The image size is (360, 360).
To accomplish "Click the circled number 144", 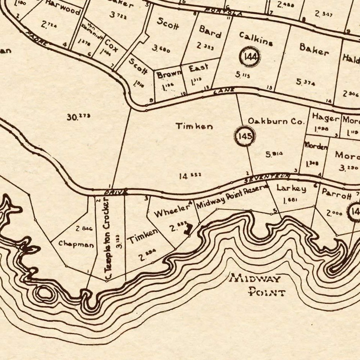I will click(x=250, y=57).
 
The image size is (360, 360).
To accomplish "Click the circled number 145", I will click(x=244, y=136).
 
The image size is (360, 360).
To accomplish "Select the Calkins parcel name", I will click(x=256, y=39).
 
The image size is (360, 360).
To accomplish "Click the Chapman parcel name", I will click(x=76, y=244).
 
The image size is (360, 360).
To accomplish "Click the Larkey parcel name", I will click(x=291, y=188).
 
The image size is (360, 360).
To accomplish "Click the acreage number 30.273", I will click(x=78, y=117).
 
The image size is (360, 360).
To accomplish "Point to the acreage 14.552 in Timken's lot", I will click(x=190, y=175).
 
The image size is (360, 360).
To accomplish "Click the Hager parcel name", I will click(x=325, y=118).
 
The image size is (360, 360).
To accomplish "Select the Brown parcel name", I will click(x=169, y=74).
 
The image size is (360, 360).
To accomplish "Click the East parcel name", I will click(x=198, y=69).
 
